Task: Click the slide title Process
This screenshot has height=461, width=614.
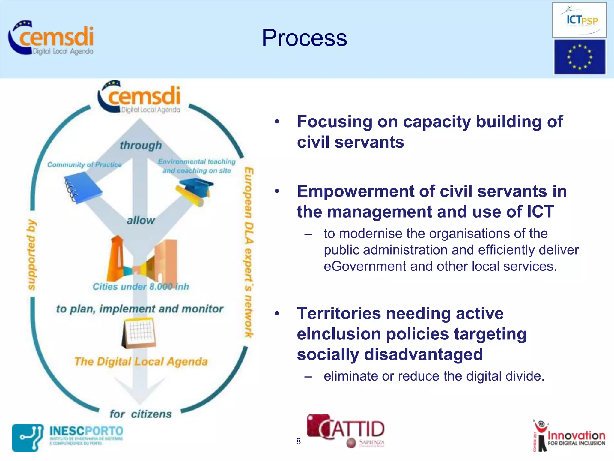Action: click(304, 38)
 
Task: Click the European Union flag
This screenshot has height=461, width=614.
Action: click(579, 57)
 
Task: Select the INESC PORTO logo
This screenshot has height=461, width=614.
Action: click(67, 437)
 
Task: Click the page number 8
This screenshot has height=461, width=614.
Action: click(298, 441)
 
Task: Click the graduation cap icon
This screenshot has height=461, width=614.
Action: click(195, 190)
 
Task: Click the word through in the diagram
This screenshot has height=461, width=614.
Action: click(141, 146)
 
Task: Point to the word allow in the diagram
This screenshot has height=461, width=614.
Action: click(141, 221)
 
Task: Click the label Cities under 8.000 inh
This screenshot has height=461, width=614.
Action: click(141, 287)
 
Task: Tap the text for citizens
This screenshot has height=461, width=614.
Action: click(141, 414)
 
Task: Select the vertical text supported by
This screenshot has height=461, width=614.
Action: click(31, 255)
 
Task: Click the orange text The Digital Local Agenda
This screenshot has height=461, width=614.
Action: click(141, 362)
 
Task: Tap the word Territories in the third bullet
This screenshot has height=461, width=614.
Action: click(339, 314)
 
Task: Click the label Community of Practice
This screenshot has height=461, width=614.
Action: click(85, 165)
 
